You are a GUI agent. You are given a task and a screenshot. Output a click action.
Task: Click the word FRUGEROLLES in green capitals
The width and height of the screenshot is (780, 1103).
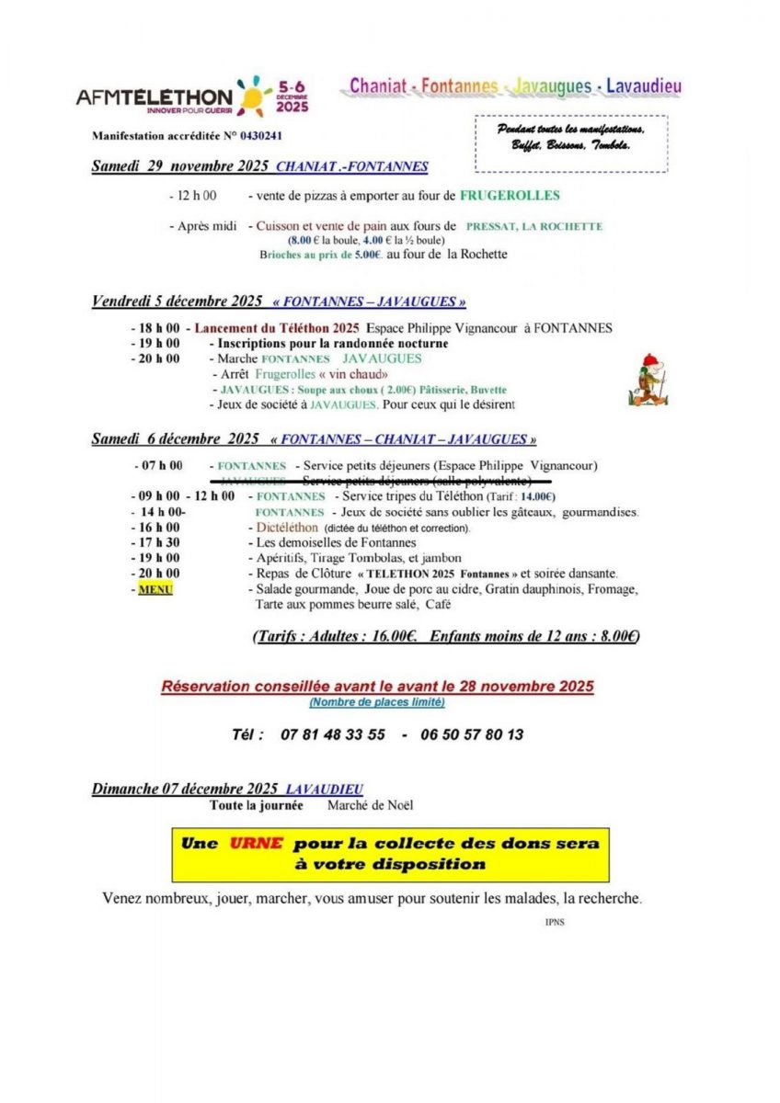pyautogui.click(x=510, y=196)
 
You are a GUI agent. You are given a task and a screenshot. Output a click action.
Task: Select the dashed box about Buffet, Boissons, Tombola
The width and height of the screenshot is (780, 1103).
pyautogui.click(x=571, y=142)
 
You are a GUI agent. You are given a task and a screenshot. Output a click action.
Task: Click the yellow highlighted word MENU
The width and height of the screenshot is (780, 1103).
pyautogui.click(x=155, y=589)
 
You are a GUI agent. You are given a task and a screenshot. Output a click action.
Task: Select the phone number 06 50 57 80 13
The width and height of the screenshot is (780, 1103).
pyautogui.click(x=472, y=735)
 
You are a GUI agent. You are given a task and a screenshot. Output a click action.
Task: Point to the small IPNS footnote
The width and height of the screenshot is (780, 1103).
pyautogui.click(x=555, y=921)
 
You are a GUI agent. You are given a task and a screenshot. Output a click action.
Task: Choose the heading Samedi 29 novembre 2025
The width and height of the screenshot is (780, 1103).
pyautogui.click(x=180, y=166)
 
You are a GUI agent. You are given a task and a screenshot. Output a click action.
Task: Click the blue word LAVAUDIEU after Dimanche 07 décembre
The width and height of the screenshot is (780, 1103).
pyautogui.click(x=325, y=790)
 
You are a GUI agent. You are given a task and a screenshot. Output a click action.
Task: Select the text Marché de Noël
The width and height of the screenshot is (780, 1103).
pyautogui.click(x=370, y=805)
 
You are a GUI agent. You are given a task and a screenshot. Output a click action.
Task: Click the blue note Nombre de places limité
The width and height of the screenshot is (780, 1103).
pyautogui.click(x=377, y=702)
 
